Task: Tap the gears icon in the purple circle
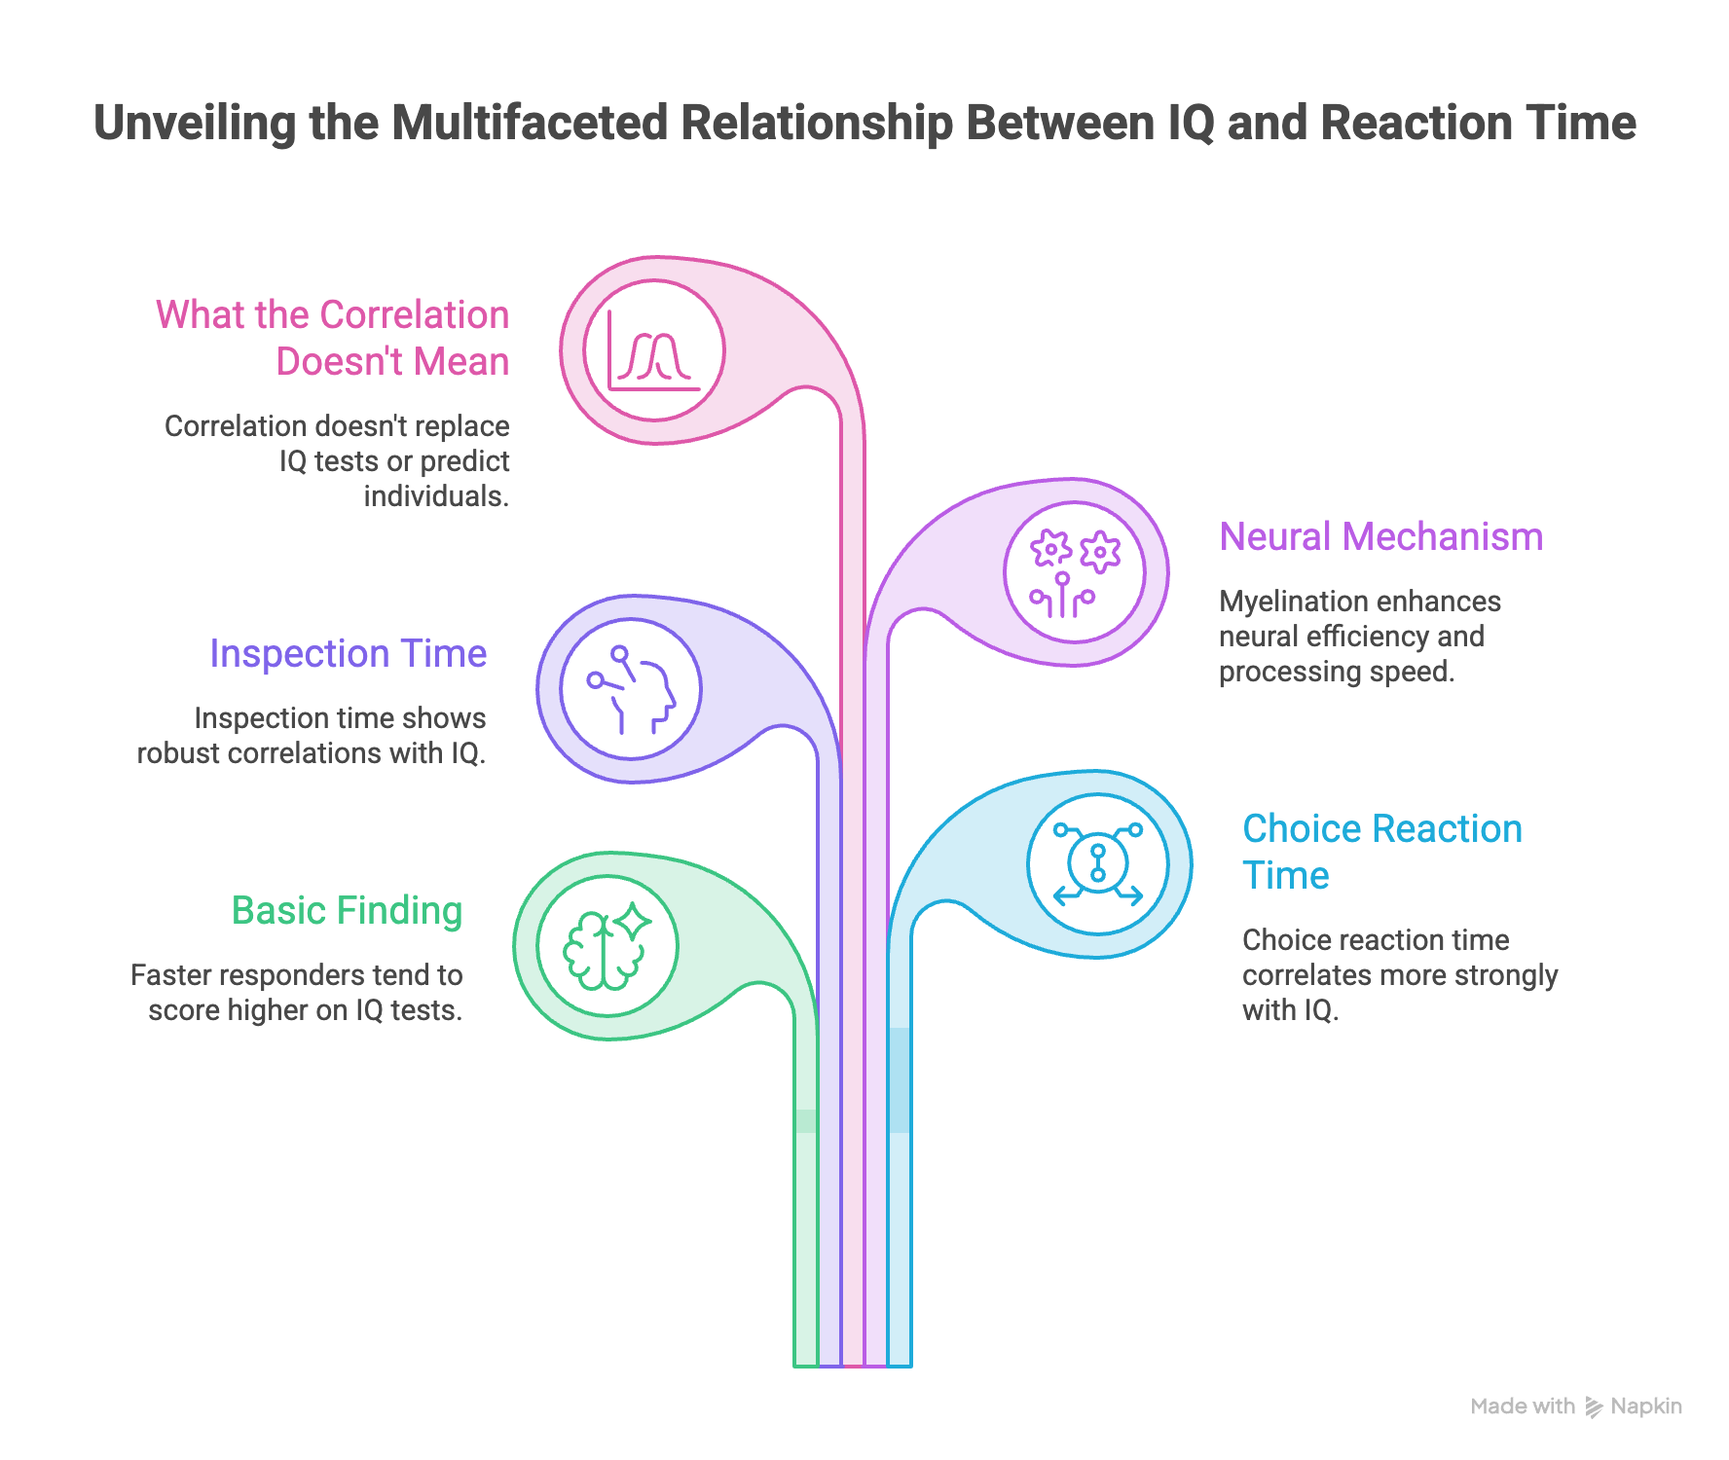tap(1075, 573)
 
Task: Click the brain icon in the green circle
tap(607, 946)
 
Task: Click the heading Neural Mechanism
tap(1381, 537)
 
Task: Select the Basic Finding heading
tap(347, 912)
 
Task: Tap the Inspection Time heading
tap(349, 654)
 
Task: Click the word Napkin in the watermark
tap(1646, 1406)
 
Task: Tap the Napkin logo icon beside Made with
tap(1594, 1406)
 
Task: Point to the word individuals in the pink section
tap(436, 496)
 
